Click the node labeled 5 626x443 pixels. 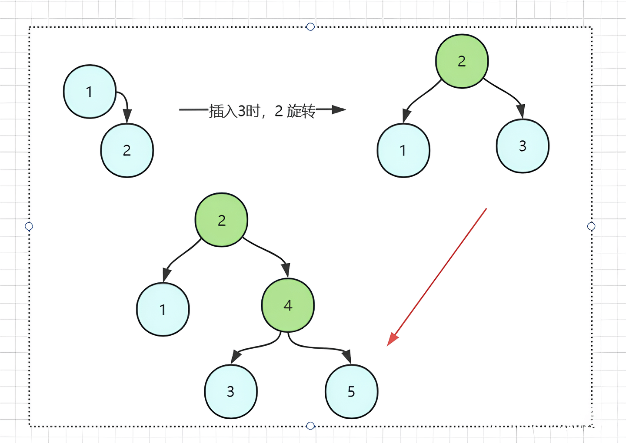351,391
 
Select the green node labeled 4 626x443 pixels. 288,305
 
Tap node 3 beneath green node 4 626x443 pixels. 231,391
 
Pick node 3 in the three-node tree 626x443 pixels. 523,146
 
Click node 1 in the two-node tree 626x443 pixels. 90,92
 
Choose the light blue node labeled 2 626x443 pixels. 127,150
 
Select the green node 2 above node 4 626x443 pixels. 221,220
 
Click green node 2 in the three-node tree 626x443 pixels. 462,61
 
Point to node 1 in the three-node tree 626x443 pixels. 403,150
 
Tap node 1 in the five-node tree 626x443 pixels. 163,309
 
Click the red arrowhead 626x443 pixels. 392,339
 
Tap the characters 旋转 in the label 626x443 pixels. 301,111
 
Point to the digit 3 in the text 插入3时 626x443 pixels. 242,111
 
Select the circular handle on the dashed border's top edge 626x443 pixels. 310,27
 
